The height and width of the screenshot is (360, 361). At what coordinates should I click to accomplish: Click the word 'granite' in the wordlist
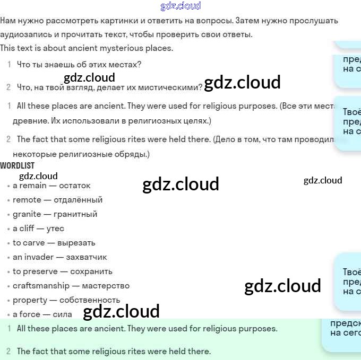point(27,214)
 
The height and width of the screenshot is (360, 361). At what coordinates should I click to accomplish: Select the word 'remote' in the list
point(27,200)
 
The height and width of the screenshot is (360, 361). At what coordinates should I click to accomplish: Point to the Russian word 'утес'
point(55,229)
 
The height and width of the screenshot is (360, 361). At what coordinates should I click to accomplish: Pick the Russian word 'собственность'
point(90,300)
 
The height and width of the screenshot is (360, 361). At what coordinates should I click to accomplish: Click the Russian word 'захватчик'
point(86,257)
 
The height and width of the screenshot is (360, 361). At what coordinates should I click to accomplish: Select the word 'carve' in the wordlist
point(35,243)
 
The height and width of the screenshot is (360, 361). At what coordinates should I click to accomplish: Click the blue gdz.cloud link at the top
point(180,6)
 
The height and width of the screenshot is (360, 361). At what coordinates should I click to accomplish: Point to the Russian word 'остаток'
point(75,186)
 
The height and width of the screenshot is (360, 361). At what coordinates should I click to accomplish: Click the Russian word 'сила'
point(63,314)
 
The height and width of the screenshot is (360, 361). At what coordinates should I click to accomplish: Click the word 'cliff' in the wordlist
point(27,229)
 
